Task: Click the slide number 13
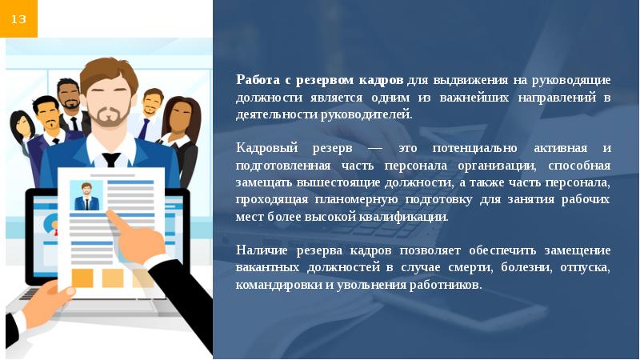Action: coord(18,18)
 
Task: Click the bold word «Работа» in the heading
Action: coord(255,80)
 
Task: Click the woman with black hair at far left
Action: coord(22,128)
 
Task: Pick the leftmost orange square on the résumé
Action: coord(82,278)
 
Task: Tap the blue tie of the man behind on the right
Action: coord(146,127)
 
